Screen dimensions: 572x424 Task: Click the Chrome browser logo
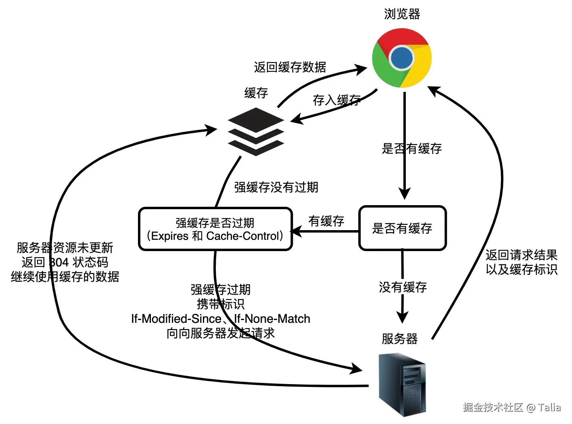pos(401,58)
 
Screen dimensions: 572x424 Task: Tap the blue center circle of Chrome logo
pos(401,58)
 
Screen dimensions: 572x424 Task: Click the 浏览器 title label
pos(402,14)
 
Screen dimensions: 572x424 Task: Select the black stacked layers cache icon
pos(256,131)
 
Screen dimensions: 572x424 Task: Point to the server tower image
pos(402,385)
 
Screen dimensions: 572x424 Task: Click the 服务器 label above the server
pos(399,339)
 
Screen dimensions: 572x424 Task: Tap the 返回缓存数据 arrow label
pos(290,67)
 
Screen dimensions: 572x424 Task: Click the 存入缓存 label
pos(336,100)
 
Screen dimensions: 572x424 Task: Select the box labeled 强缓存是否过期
pos(215,229)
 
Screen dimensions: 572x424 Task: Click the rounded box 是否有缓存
pos(402,228)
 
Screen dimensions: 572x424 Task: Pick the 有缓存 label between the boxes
pos(326,221)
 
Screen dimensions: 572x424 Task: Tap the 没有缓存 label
pos(403,287)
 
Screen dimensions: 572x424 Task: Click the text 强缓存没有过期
pos(276,187)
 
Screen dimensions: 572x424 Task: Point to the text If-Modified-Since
pos(176,319)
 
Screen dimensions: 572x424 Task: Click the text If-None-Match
pos(272,319)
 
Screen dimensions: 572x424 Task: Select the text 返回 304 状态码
pos(65,262)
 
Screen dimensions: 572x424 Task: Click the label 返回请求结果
pos(522,255)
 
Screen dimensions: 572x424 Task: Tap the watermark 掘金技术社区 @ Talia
pos(511,407)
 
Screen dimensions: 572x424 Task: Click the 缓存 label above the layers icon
pos(256,93)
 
